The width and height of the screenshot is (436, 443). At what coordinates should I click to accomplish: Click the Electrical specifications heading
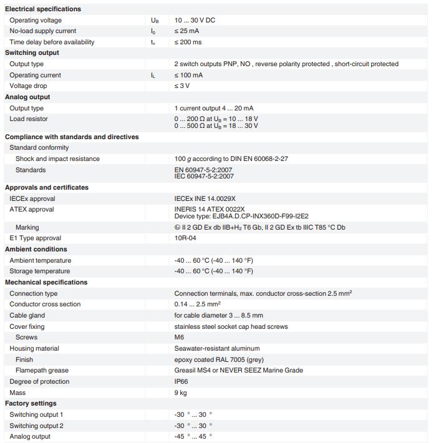coord(43,9)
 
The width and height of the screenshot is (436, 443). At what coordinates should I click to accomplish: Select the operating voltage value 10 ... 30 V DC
coord(195,20)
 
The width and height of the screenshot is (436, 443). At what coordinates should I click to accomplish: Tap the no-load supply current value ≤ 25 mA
coord(187,31)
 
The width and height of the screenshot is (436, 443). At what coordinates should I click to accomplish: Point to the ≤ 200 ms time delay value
coord(188,42)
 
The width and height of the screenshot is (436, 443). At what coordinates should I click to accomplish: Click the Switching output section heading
coord(32,53)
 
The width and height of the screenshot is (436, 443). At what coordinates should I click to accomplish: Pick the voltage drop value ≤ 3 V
coord(182,86)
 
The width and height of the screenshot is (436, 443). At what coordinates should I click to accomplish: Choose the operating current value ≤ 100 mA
coord(189,75)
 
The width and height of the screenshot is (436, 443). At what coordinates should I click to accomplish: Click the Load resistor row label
coord(29,119)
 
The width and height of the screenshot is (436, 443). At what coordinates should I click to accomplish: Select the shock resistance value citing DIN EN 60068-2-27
coord(231,159)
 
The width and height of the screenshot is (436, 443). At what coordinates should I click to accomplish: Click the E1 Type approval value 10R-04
coord(185,238)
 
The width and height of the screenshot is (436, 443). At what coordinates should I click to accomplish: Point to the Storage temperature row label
coord(39,271)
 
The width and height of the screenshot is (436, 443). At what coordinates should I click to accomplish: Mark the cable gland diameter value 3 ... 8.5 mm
coord(218,316)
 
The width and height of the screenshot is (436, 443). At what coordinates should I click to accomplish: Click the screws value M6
coord(179,338)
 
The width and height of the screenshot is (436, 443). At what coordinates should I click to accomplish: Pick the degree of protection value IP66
coord(181,382)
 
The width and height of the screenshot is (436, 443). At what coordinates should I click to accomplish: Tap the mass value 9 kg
coord(180,393)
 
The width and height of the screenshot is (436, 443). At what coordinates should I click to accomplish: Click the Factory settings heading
coord(31,404)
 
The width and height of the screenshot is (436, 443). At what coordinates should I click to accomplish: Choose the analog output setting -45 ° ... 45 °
coord(193,437)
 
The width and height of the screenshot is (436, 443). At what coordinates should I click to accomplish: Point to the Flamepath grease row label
coord(41,371)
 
